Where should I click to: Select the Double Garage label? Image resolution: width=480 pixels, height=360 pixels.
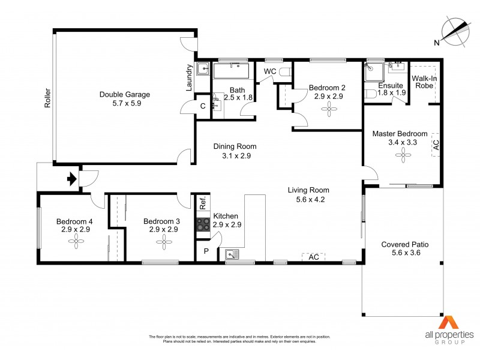click(125, 94)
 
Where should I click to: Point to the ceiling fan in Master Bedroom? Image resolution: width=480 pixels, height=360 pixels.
click(400, 156)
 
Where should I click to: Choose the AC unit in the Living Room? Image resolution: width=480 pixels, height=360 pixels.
click(313, 257)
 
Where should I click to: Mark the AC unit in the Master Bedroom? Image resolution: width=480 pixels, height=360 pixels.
click(436, 145)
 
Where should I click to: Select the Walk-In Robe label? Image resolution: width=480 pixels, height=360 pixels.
click(424, 82)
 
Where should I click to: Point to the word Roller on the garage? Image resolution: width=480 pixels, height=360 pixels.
click(47, 98)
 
